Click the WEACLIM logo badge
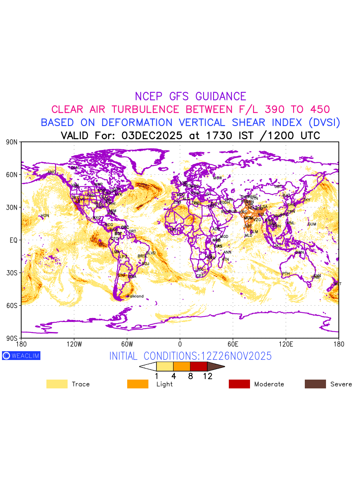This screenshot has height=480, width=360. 21,356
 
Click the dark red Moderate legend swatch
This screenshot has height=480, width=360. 239,384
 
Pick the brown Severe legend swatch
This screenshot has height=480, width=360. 315,384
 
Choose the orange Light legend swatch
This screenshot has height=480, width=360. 138,384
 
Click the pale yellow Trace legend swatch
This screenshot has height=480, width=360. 57,384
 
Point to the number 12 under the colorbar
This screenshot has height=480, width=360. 207,376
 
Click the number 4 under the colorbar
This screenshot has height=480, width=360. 174,376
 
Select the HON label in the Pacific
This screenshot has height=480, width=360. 45,216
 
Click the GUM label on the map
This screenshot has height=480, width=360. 312,224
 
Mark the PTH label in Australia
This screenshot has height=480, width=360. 286,274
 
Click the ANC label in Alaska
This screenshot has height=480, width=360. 52,172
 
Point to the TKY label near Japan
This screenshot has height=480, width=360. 307,200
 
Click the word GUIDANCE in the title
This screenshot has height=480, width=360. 220,96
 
